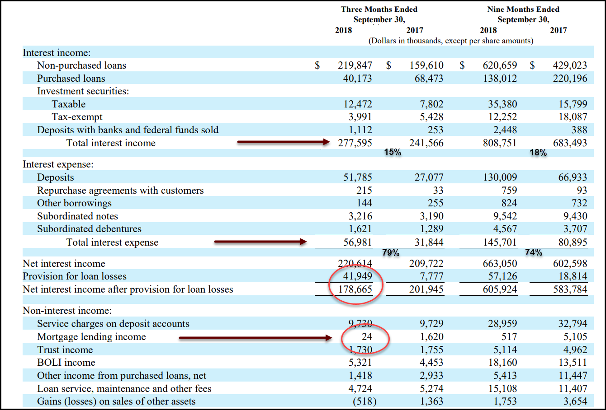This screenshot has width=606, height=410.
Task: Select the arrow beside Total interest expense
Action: click(x=260, y=242)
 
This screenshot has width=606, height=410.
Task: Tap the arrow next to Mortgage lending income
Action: click(x=256, y=337)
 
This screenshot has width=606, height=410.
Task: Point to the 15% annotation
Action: click(x=393, y=153)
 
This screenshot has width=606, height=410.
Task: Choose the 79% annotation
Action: click(x=391, y=253)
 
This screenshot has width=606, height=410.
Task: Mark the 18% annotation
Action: click(x=538, y=153)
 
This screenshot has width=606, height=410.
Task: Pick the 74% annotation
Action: click(x=534, y=252)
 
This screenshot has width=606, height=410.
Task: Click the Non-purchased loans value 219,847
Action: click(x=355, y=65)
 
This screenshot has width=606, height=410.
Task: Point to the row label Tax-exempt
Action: click(x=77, y=117)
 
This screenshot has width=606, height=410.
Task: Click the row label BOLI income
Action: click(x=66, y=363)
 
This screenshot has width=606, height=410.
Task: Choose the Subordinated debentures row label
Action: click(x=89, y=229)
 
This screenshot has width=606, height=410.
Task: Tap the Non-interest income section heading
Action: click(x=67, y=311)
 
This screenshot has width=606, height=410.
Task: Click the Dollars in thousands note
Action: click(x=451, y=41)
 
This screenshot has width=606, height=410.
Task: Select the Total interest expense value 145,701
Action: click(x=499, y=242)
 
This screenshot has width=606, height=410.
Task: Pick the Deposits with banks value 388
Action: click(x=579, y=130)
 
